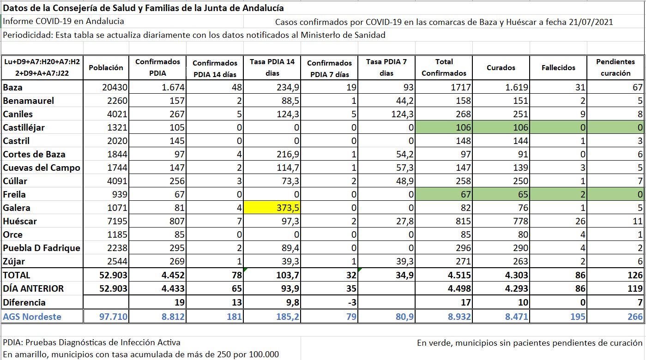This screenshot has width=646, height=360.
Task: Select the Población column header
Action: click(x=106, y=67)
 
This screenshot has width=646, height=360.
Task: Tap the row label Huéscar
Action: click(x=20, y=221)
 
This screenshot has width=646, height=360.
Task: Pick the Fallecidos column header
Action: click(x=558, y=67)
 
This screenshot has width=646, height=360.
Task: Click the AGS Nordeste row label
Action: click(x=32, y=317)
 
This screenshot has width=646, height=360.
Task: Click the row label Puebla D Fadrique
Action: click(x=42, y=248)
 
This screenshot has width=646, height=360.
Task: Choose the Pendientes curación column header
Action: click(x=616, y=67)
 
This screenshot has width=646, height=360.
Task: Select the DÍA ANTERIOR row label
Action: click(x=33, y=288)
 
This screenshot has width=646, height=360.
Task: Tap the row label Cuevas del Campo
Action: click(x=42, y=168)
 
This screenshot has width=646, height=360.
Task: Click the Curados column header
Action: click(x=501, y=67)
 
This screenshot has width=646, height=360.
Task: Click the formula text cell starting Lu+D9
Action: click(x=42, y=67)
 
